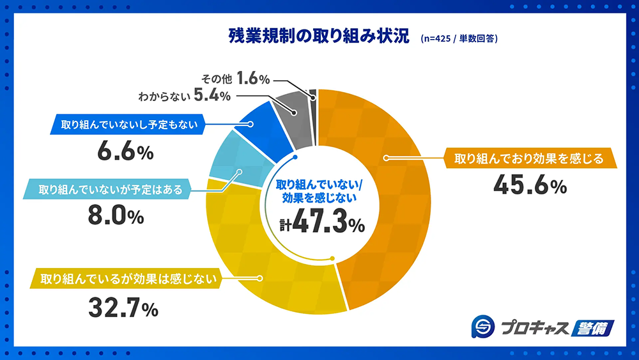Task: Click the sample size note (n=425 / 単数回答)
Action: pyautogui.click(x=459, y=38)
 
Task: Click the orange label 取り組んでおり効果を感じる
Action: pyautogui.click(x=528, y=159)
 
